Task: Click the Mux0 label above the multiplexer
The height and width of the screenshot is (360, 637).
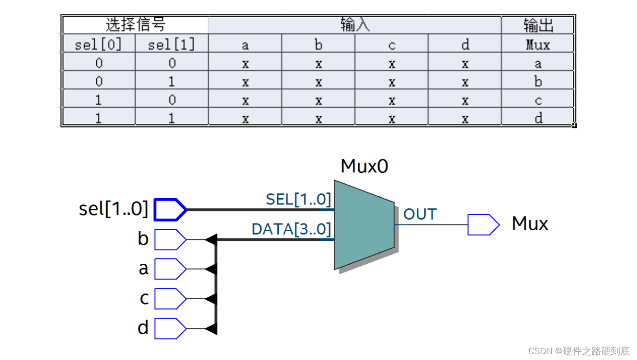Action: (x=364, y=167)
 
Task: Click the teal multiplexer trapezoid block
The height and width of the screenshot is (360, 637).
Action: (x=364, y=225)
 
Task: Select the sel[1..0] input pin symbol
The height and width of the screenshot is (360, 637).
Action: (x=170, y=210)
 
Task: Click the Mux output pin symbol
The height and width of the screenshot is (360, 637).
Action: (x=483, y=225)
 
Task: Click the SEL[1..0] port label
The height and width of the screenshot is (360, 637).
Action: (x=298, y=199)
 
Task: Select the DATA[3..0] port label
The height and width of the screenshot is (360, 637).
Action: (x=291, y=229)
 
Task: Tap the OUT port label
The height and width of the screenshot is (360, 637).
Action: (x=420, y=214)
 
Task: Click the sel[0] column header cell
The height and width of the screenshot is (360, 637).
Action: (x=99, y=45)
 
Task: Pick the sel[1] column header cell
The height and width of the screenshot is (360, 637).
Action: (x=171, y=45)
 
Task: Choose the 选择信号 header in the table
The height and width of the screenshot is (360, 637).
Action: (x=136, y=25)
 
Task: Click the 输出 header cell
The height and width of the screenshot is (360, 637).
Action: (x=538, y=25)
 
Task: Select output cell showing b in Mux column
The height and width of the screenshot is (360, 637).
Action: (x=538, y=82)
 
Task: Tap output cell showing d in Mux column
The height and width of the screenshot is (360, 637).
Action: (x=538, y=118)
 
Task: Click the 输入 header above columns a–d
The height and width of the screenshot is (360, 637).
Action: (x=355, y=25)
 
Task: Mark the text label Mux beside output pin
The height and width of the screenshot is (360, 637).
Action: (x=530, y=224)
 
